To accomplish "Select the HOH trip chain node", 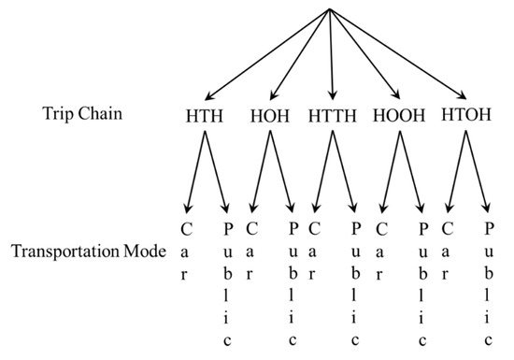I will [x=269, y=119].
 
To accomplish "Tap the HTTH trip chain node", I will [x=333, y=119].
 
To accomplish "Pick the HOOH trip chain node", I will [x=399, y=119].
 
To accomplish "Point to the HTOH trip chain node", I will [x=465, y=119].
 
